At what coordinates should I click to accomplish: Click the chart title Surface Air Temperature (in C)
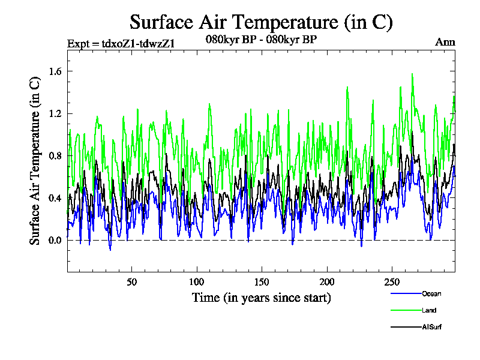(261, 22)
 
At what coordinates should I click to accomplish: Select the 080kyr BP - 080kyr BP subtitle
(261, 40)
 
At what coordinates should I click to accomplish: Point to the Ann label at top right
(445, 43)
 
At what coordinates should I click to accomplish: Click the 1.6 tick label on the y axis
(47, 71)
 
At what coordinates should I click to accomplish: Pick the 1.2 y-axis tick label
(47, 113)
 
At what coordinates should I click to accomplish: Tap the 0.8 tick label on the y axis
(47, 156)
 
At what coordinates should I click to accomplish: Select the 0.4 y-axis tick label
(47, 198)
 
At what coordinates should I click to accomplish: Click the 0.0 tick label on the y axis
(47, 240)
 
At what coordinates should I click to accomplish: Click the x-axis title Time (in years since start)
(261, 298)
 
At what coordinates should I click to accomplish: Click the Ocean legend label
(431, 293)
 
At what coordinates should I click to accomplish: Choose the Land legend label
(429, 310)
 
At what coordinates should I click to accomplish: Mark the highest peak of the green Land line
(412, 74)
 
